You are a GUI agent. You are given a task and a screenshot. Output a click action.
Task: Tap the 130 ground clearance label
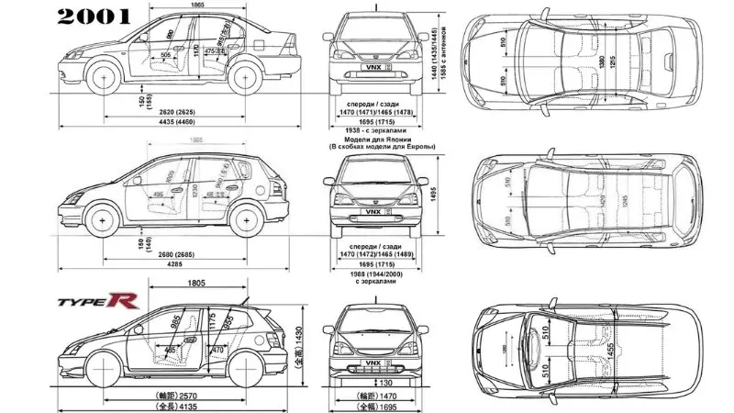[x=385, y=383]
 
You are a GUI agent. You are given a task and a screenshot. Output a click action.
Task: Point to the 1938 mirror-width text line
[x=381, y=131]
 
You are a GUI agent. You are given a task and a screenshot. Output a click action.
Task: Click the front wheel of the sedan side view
[x=106, y=79]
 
